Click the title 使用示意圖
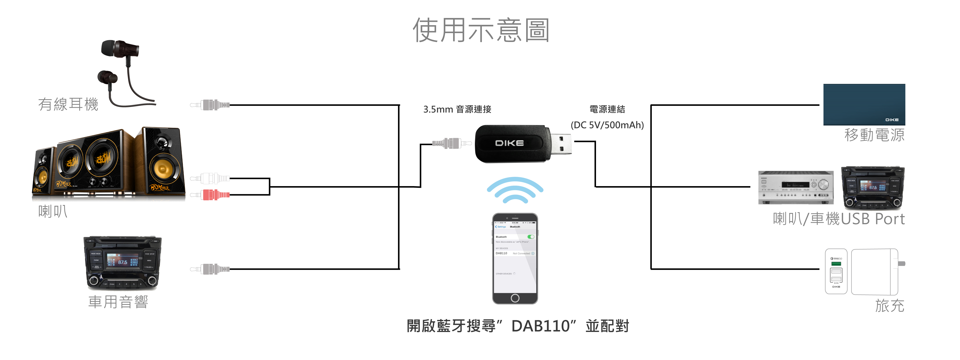481,30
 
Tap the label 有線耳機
68,104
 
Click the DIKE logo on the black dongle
509,143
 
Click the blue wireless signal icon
515,190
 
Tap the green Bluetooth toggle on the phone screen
531,237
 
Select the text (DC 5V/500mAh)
607,125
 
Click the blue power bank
864,104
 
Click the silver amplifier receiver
796,188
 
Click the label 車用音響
118,302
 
